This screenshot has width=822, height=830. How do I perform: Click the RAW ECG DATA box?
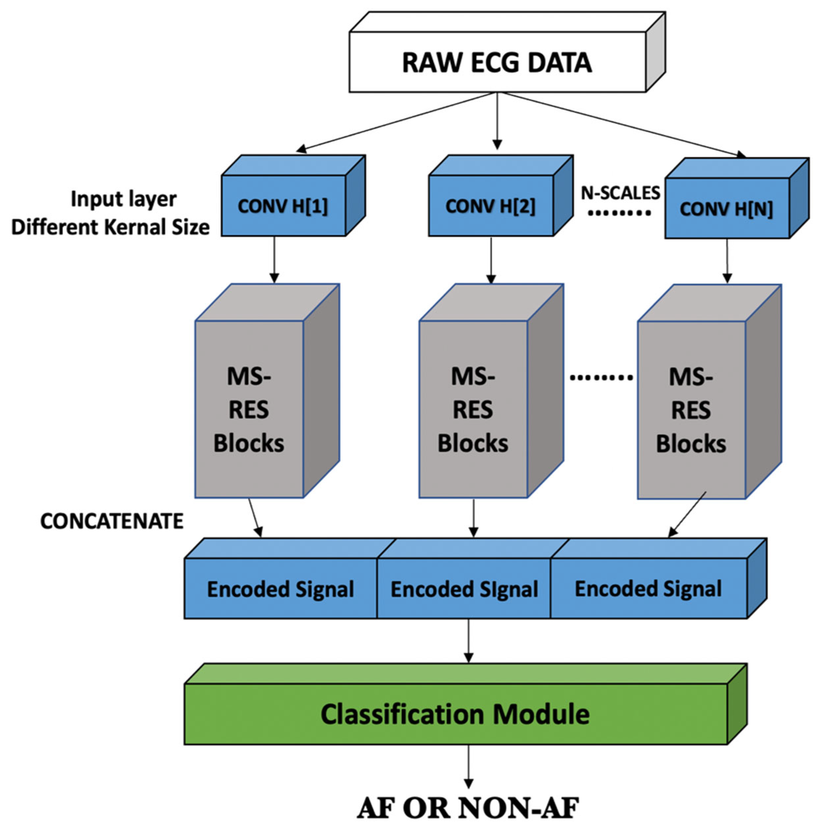click(x=497, y=62)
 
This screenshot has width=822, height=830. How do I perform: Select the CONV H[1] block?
click(x=283, y=206)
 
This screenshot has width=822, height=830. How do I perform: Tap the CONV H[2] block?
click(x=490, y=206)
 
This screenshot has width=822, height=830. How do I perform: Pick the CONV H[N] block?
click(x=727, y=209)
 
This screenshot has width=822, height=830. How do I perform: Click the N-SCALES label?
click(x=620, y=193)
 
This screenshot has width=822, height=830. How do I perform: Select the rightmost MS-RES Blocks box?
click(x=691, y=410)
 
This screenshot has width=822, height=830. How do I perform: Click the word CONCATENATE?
click(x=112, y=521)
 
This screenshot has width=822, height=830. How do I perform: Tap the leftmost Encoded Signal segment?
click(x=280, y=589)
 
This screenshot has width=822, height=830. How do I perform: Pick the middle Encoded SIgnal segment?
click(x=464, y=589)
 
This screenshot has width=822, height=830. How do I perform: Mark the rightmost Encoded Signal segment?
click(x=648, y=589)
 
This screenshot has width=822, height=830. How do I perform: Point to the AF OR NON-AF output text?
click(x=468, y=807)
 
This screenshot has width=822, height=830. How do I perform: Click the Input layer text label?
click(x=124, y=199)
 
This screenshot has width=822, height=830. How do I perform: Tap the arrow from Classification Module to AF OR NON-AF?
click(x=469, y=767)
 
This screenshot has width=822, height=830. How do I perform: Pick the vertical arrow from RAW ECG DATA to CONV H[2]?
click(x=497, y=120)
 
